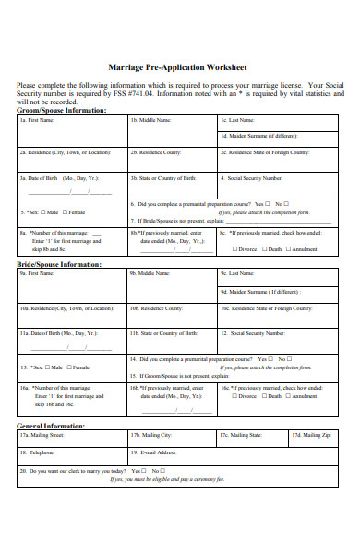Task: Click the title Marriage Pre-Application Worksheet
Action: coord(178,67)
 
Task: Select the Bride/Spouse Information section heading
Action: coord(60,263)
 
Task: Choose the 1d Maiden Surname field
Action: coord(281,139)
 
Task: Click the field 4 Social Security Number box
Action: coord(281,184)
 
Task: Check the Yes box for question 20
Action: coord(147,471)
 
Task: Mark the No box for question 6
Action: coord(287,204)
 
